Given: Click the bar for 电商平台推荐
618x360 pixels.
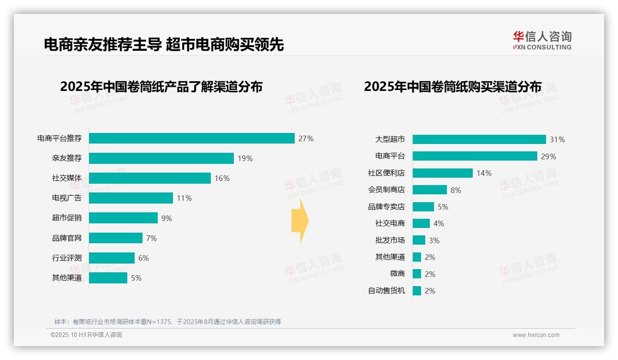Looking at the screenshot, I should [x=191, y=138].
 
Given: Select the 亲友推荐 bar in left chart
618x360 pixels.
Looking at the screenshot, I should [x=161, y=158].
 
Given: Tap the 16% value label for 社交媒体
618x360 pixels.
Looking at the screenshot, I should [x=222, y=178].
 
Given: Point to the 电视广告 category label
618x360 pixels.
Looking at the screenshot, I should [x=66, y=198].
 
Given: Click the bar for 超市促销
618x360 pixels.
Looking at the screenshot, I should [x=123, y=218].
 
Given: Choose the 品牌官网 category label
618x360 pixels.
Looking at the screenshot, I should [x=66, y=238].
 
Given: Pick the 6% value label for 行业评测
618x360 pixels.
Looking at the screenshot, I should [x=143, y=258].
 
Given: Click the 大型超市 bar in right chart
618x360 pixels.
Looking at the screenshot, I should [x=479, y=139].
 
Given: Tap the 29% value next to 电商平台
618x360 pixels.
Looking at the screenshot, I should [x=548, y=156].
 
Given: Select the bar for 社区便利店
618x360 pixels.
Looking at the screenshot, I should [x=442, y=173].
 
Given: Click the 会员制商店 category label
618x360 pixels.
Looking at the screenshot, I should [x=386, y=190].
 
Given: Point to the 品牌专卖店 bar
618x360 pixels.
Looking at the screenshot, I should [x=423, y=207].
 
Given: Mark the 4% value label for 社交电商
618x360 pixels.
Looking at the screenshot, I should [x=439, y=223].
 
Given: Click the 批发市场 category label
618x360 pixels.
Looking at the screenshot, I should [x=390, y=240].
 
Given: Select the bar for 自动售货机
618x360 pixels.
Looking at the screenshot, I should [x=416, y=291].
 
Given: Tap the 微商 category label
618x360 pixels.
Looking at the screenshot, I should [x=397, y=274].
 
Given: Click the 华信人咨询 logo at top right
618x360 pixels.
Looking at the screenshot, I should [x=542, y=40].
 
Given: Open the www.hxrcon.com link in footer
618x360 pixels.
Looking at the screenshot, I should [x=535, y=335].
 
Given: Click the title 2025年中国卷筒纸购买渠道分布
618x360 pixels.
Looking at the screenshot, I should [x=452, y=87].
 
